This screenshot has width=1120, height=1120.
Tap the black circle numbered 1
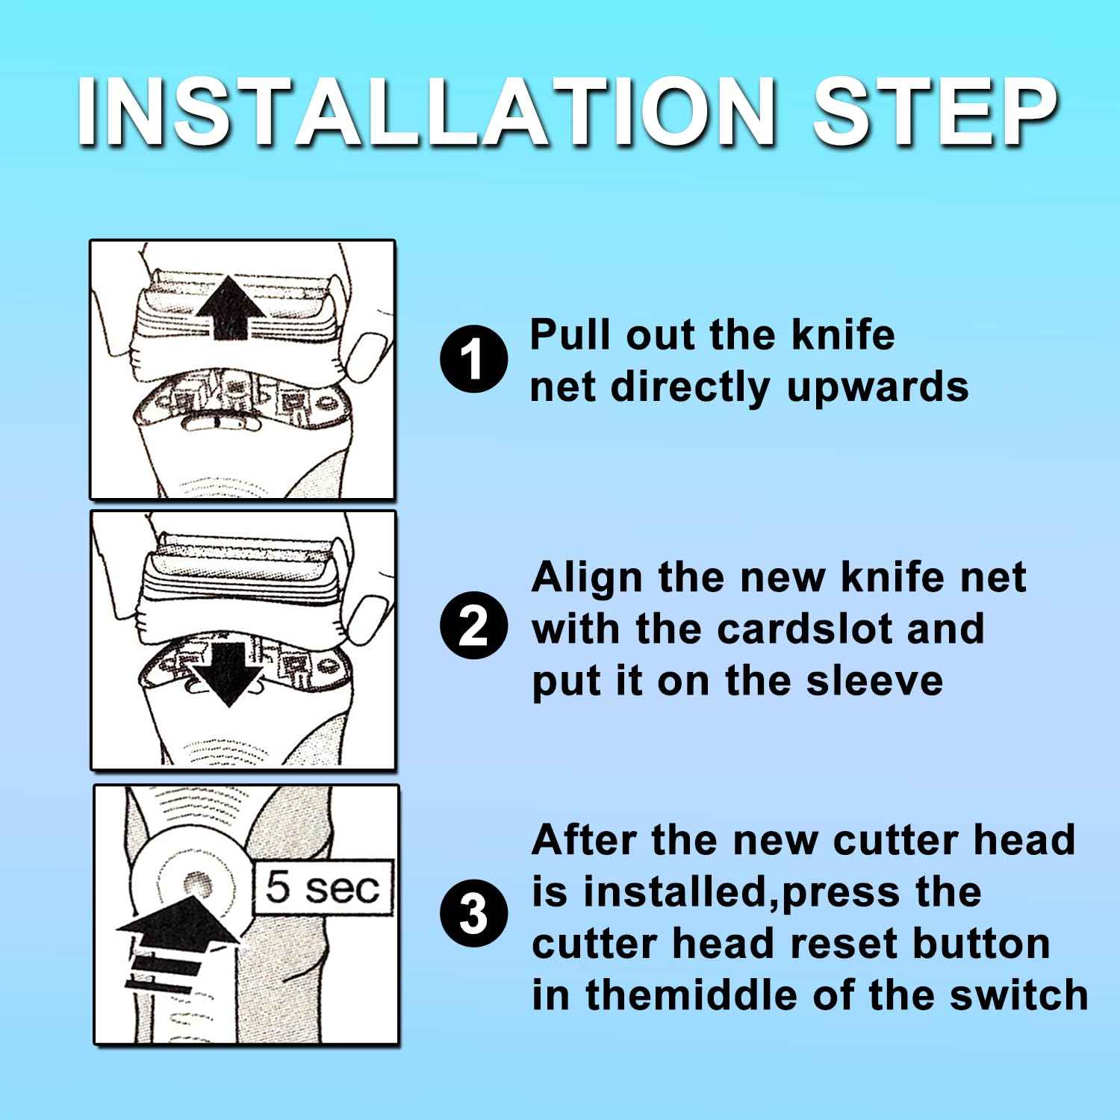pos(474,360)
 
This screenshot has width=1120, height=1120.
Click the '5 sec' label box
pos(324,889)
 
